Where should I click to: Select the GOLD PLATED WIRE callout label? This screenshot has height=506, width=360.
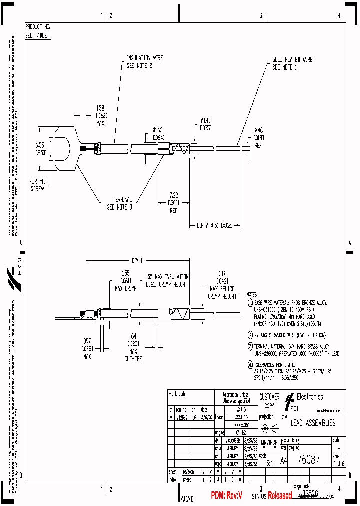coord(292,63)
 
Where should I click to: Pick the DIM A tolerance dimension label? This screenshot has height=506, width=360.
coord(217,225)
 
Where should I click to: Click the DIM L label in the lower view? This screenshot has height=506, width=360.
coord(137,260)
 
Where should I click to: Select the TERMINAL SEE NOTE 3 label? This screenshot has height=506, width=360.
coord(119,203)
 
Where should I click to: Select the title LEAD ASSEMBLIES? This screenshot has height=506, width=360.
coord(313,423)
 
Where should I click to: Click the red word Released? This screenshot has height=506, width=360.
coord(280,495)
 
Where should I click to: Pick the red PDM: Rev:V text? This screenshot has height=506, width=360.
coord(226,495)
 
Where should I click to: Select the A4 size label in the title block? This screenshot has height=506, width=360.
coord(283,460)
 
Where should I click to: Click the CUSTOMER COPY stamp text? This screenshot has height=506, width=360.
coord(269,400)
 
